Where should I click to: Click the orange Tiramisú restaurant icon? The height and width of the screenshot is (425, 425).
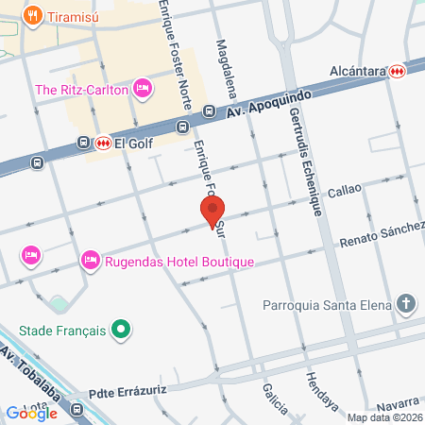pyautogui.click(x=34, y=15)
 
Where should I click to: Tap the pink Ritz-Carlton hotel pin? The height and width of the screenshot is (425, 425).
pyautogui.click(x=143, y=90)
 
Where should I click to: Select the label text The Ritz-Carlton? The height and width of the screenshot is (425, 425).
pyautogui.click(x=82, y=90)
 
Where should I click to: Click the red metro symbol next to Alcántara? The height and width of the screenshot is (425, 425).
pyautogui.click(x=398, y=71)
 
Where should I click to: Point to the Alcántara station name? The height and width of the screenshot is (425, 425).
pyautogui.click(x=350, y=71)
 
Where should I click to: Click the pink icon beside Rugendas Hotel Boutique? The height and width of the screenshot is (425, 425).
pyautogui.click(x=91, y=258)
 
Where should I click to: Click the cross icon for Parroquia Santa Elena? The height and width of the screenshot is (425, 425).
pyautogui.click(x=406, y=304)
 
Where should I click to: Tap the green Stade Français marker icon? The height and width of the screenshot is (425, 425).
pyautogui.click(x=120, y=331)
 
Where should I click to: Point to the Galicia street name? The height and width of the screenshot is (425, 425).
pyautogui.click(x=276, y=400)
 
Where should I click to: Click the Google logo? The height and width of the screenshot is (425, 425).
pyautogui.click(x=31, y=413)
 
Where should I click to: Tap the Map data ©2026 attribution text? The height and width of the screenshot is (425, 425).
pyautogui.click(x=383, y=417)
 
